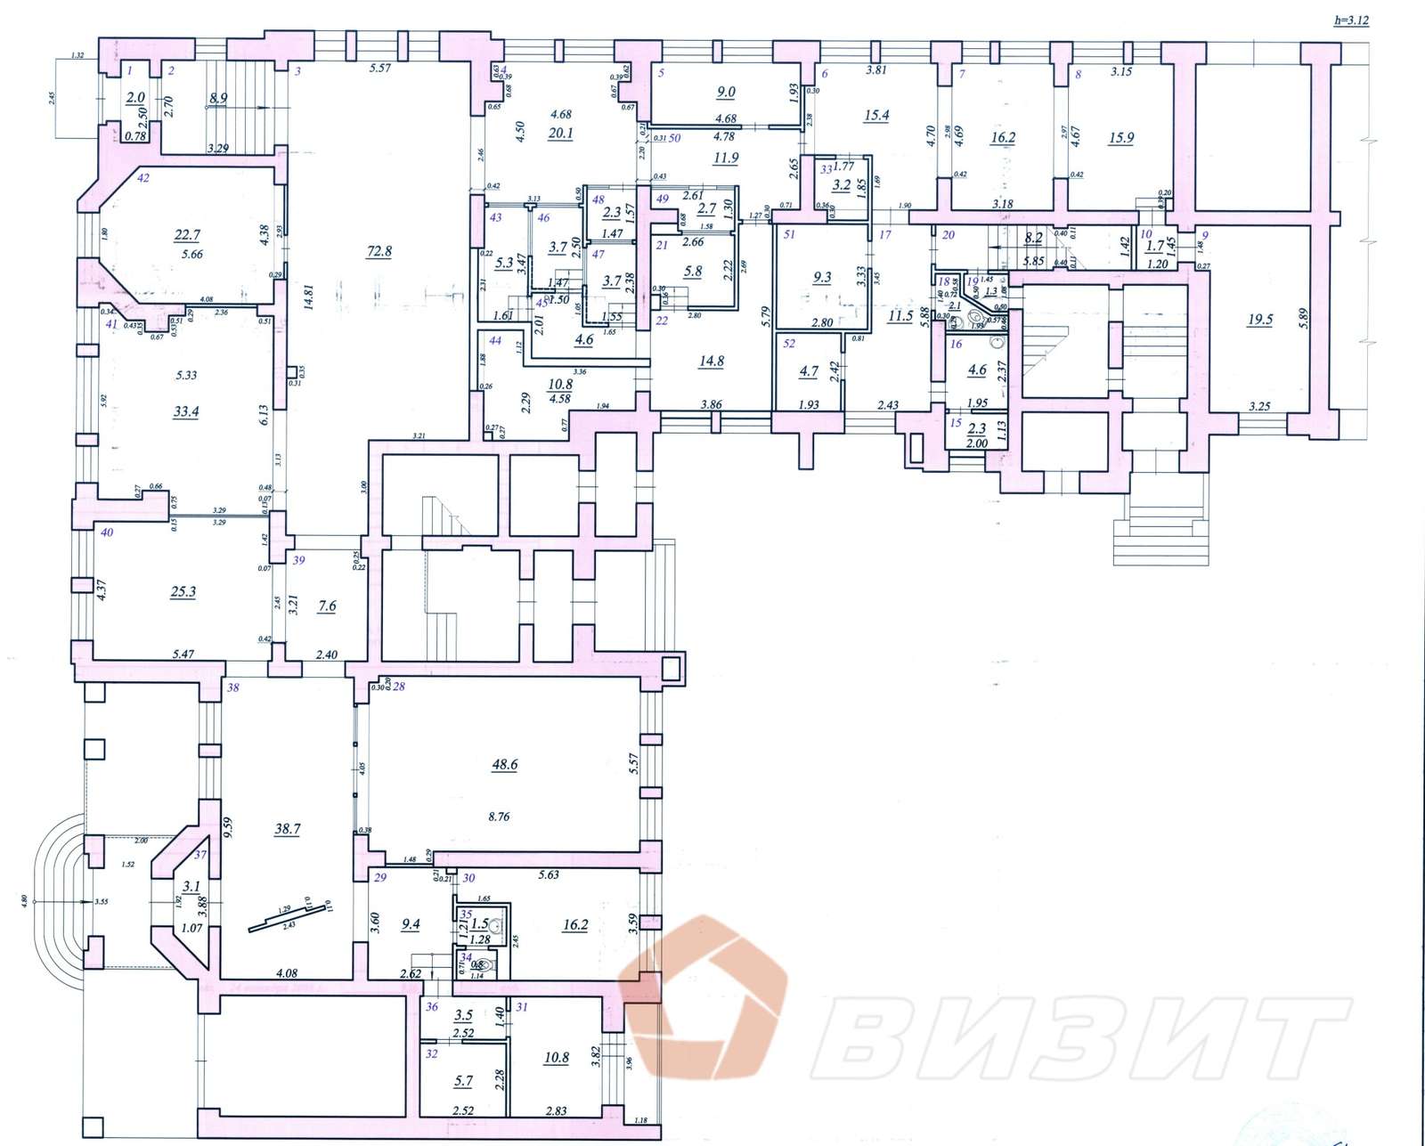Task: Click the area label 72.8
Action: (379, 251)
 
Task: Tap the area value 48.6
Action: (504, 764)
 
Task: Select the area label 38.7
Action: (287, 828)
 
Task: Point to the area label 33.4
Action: (185, 411)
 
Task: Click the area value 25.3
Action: (183, 591)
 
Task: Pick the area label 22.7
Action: (188, 235)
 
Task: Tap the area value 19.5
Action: (1259, 320)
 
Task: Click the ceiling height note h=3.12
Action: (1351, 19)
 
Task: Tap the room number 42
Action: (142, 177)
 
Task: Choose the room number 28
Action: (398, 687)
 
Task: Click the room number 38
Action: (233, 687)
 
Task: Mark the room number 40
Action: (107, 532)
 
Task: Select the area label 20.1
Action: (561, 134)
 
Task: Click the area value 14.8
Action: (712, 361)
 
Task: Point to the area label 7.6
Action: (327, 606)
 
